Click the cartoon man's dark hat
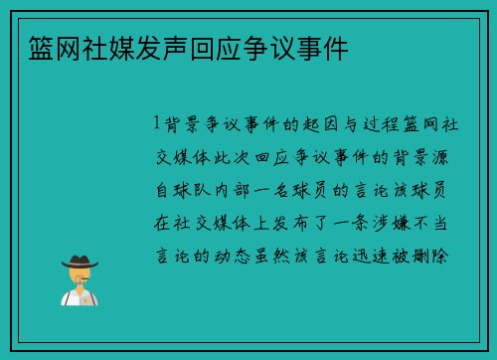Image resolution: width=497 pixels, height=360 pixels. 79,261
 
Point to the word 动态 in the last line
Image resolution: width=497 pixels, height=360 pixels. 243,257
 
